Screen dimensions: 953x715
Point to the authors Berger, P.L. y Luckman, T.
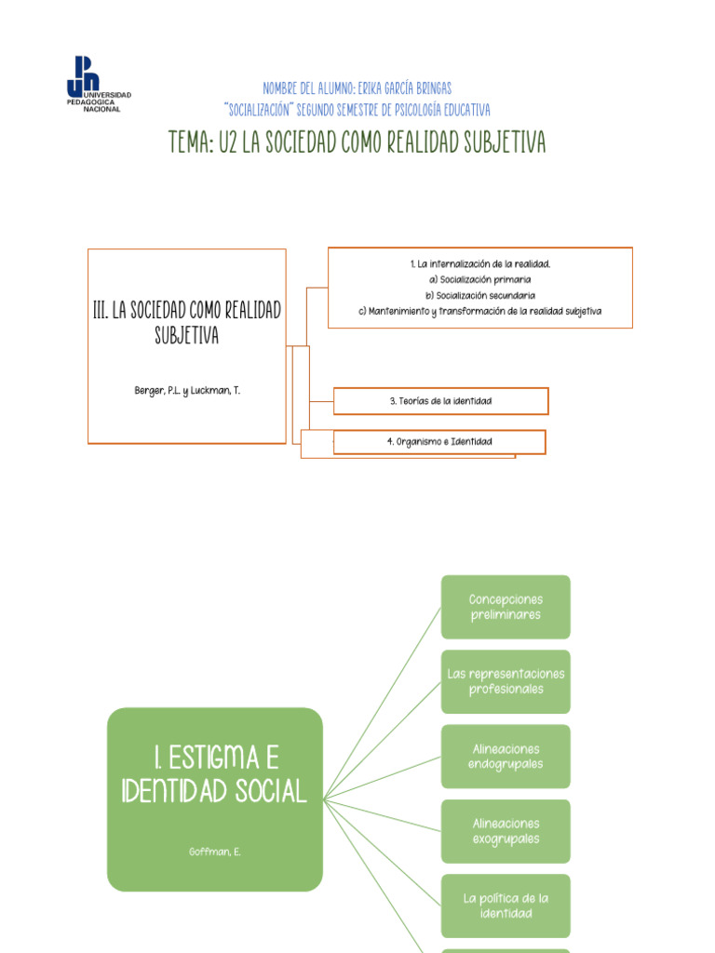point(187,390)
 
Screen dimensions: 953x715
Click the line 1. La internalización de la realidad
point(479,264)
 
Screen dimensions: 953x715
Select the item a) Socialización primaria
point(479,279)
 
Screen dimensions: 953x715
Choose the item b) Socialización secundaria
point(479,295)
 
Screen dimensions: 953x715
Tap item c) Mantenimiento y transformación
point(479,311)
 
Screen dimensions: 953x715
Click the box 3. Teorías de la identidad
point(440,401)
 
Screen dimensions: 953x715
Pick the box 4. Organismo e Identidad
point(439,441)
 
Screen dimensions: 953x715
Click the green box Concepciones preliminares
point(506,607)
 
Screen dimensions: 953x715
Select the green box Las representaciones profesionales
point(506,681)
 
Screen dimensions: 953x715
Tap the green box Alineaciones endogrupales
point(506,756)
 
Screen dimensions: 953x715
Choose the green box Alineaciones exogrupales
point(506,831)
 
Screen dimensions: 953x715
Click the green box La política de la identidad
point(506,906)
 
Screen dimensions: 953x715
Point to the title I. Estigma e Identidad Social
point(214,773)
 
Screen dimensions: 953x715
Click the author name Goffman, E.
point(214,851)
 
